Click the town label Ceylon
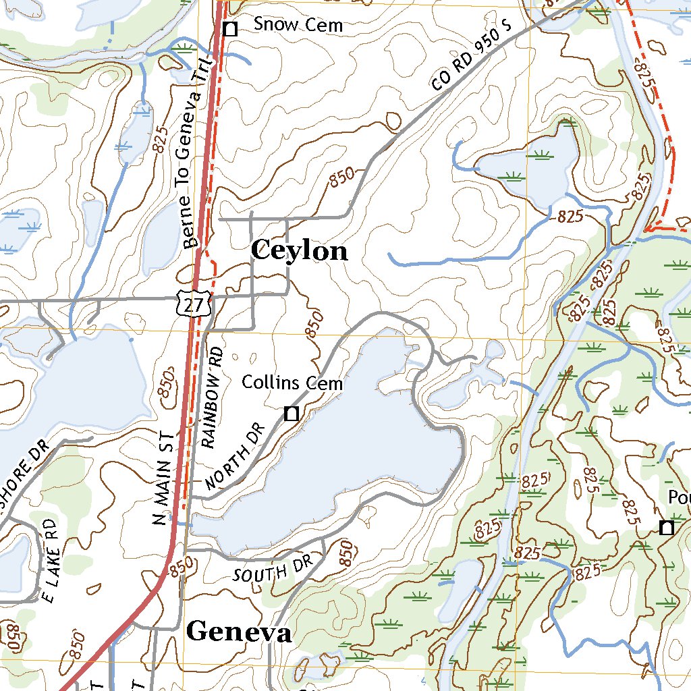299,252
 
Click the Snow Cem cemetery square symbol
230,28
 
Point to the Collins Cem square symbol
292,414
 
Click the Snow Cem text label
298,26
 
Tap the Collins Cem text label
292,383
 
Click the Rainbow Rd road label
211,398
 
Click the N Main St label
164,479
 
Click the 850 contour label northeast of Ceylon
342,179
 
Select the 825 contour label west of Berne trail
159,138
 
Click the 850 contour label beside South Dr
345,553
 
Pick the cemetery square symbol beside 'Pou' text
667,528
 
